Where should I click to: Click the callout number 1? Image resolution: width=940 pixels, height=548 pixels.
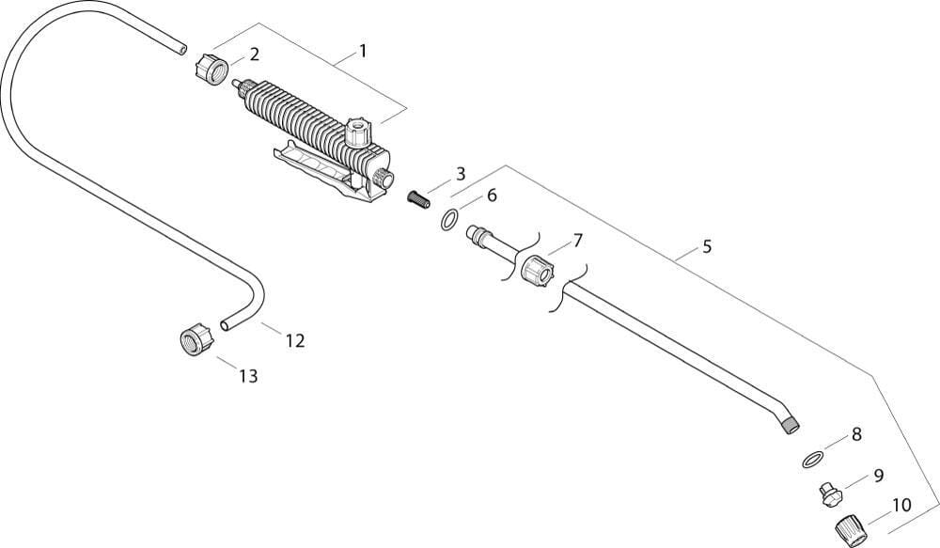(362, 51)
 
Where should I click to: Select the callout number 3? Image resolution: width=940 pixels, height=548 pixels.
(460, 173)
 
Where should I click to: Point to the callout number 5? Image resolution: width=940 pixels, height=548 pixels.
(706, 247)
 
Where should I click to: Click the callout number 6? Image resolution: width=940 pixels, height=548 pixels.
(491, 196)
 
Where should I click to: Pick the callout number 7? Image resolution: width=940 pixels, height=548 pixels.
(577, 241)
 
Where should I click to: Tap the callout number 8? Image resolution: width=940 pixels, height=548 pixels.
(855, 434)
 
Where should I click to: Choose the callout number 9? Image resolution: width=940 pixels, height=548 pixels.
(878, 476)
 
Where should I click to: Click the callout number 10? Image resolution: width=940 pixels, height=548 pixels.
(901, 505)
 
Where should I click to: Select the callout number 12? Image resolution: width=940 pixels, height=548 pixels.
(295, 340)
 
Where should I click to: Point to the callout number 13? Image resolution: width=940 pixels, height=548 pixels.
(247, 376)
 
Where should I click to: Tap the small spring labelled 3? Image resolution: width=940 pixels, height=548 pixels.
(416, 197)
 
